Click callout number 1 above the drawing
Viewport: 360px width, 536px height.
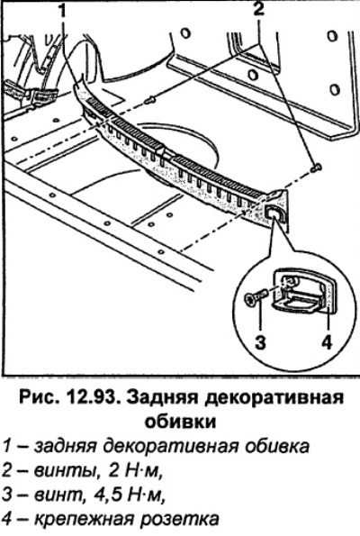tap(63, 11)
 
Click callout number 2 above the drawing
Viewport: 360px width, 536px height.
tap(259, 9)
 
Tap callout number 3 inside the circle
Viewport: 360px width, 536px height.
tap(261, 342)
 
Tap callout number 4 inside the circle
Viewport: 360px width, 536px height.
tap(327, 342)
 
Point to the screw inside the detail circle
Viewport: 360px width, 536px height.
tap(255, 296)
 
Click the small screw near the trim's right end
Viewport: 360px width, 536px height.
tap(316, 168)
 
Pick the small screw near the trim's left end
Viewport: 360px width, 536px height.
tap(149, 100)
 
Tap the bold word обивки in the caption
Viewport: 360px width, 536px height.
tap(181, 422)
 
